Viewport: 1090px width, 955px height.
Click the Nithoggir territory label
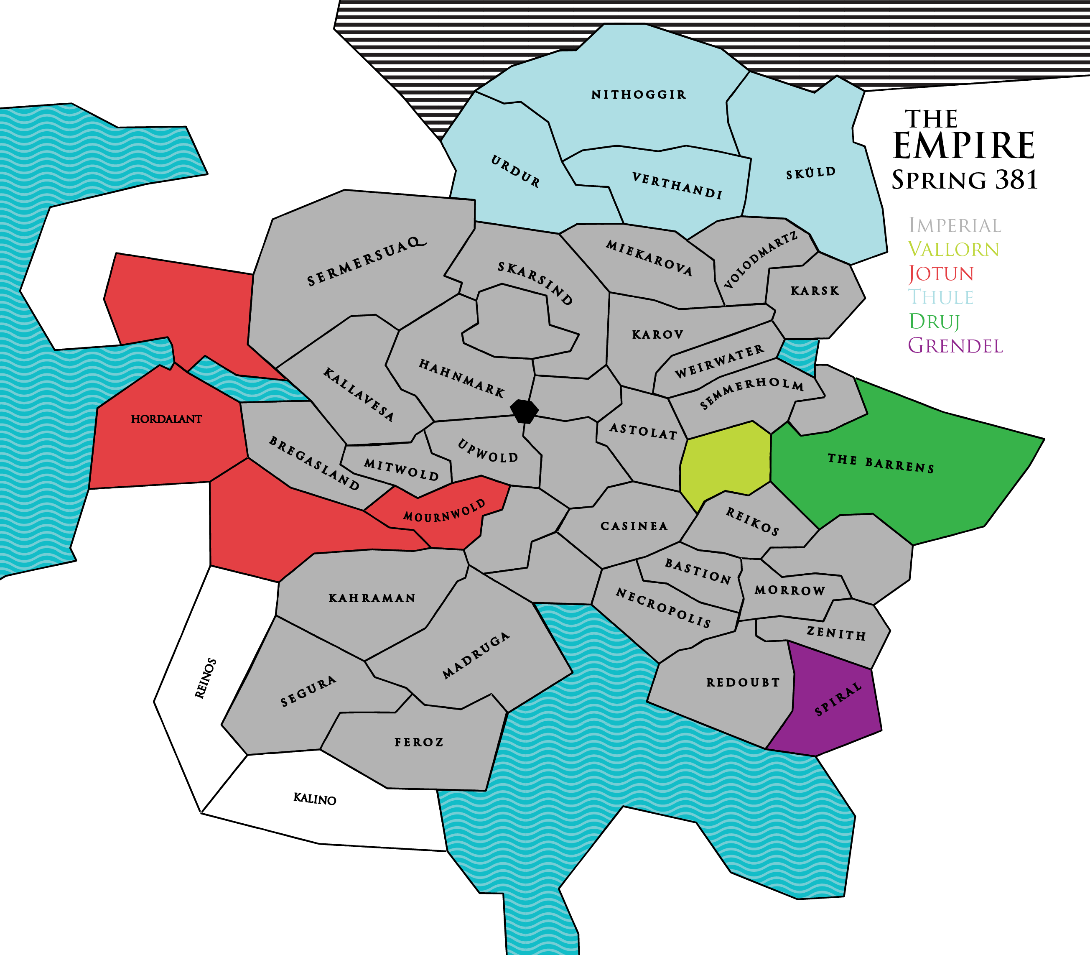(x=638, y=95)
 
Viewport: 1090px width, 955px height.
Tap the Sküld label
(x=811, y=173)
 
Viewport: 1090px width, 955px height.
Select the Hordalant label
(x=166, y=419)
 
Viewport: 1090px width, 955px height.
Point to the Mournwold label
(x=444, y=511)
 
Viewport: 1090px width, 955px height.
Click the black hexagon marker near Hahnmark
(x=524, y=411)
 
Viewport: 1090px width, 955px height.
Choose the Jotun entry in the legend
(x=941, y=273)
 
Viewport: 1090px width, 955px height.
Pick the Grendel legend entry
(x=955, y=346)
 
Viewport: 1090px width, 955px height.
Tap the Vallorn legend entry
(x=953, y=249)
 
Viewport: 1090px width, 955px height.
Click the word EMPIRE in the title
(x=963, y=146)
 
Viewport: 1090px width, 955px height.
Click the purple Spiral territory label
(x=838, y=699)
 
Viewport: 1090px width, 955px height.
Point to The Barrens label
(x=881, y=464)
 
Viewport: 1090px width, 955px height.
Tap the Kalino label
(x=314, y=799)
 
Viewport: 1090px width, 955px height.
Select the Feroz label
(x=419, y=742)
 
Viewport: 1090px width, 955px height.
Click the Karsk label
(x=815, y=291)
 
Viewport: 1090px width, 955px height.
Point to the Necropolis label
(x=663, y=608)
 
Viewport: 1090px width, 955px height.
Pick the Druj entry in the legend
(x=934, y=322)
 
